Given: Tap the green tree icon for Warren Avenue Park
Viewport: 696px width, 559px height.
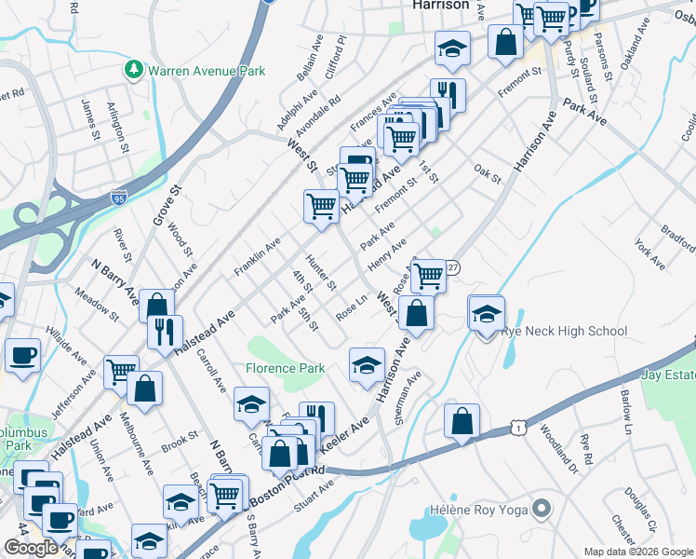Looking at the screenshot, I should pos(134,70).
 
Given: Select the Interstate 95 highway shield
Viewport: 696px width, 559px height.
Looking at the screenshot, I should pos(118,198).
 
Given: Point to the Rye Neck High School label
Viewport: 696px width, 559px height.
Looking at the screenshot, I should pos(565,331).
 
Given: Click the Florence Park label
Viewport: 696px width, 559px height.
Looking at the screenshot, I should pos(285,368).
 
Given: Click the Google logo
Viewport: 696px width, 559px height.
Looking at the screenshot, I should pos(31,548).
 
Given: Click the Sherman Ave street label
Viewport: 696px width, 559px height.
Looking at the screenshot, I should pos(408,399).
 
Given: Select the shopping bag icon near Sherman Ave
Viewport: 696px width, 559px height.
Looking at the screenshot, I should pos(462,423).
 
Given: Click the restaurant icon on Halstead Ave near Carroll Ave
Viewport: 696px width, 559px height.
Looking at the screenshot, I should pos(165,332).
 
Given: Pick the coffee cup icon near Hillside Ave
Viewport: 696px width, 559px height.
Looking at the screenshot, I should pos(22,355).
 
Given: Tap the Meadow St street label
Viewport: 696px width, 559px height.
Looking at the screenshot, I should pos(100,304).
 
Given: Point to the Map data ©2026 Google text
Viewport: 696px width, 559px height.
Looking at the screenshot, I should pos(638,552).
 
